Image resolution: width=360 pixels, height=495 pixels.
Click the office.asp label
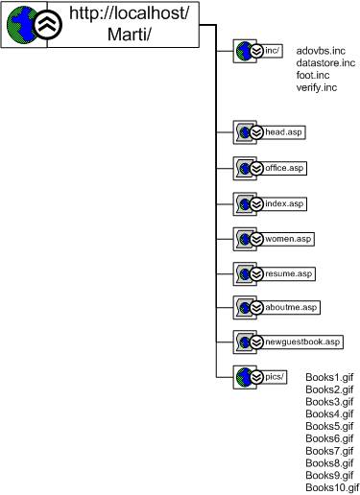[x=286, y=168]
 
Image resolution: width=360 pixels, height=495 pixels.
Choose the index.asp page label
[x=285, y=203]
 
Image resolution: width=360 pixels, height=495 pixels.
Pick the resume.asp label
[x=290, y=274]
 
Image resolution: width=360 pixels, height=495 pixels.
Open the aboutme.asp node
[x=293, y=308]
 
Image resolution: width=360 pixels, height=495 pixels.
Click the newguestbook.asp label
[x=304, y=342]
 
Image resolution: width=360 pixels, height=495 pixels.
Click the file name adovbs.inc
[x=321, y=49]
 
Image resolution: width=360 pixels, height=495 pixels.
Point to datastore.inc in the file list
[x=325, y=62]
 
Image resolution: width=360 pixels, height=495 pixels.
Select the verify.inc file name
[x=317, y=87]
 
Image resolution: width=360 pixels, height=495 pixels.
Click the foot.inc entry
[x=313, y=75]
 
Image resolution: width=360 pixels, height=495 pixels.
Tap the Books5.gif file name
[x=329, y=426]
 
